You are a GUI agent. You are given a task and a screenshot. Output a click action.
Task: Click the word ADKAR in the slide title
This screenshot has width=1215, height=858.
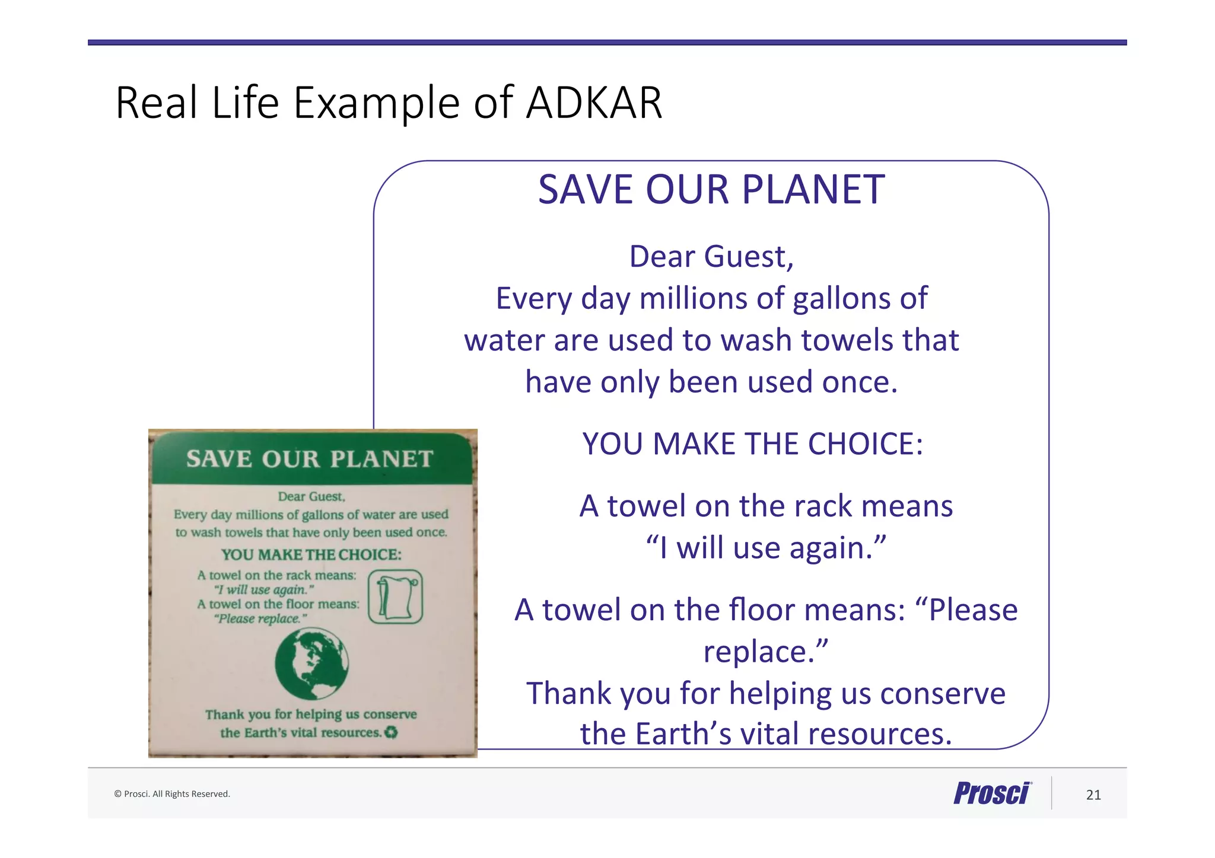(x=594, y=103)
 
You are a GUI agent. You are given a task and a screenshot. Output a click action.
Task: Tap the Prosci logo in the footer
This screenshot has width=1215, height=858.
(x=992, y=793)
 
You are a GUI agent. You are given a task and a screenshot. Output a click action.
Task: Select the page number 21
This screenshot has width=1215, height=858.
(x=1093, y=795)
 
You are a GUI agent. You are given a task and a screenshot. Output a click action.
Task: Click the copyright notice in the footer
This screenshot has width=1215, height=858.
(x=172, y=794)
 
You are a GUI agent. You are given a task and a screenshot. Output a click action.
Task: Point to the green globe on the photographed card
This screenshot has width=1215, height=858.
(x=311, y=664)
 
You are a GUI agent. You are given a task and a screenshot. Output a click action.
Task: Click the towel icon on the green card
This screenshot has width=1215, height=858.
(x=395, y=597)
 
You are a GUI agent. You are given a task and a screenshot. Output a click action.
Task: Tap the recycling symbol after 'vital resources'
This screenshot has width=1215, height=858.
(x=391, y=733)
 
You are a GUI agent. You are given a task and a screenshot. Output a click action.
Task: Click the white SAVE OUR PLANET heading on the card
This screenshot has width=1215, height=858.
(x=310, y=459)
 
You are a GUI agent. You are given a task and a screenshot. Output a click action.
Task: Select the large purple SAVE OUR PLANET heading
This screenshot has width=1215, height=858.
(x=711, y=190)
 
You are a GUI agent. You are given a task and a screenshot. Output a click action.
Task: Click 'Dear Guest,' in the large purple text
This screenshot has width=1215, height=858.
(x=711, y=257)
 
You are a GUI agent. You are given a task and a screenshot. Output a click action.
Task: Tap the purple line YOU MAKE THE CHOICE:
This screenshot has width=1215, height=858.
(x=752, y=444)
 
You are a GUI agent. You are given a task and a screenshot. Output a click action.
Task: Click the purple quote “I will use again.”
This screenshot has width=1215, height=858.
(x=765, y=548)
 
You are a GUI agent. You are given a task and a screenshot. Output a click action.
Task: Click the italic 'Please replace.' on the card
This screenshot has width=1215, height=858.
(x=261, y=619)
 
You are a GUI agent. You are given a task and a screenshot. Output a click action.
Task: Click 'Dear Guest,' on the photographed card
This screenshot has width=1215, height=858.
(x=311, y=497)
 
